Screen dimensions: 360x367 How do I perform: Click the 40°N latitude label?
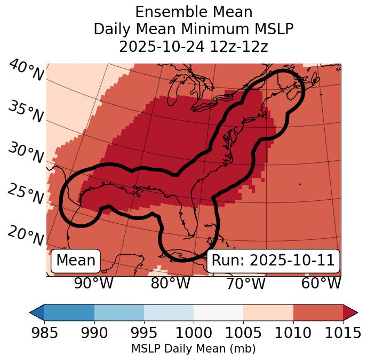(x=26, y=71)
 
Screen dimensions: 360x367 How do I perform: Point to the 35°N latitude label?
(x=26, y=112)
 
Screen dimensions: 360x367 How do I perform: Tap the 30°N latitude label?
(x=26, y=153)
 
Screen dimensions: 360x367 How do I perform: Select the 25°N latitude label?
(x=26, y=194)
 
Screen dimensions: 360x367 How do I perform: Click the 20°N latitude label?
(x=26, y=236)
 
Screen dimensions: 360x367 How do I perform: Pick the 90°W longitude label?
(x=94, y=283)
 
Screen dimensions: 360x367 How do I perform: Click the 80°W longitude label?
(x=170, y=283)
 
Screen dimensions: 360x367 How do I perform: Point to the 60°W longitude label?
(x=321, y=283)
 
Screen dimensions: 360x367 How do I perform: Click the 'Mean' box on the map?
(x=76, y=261)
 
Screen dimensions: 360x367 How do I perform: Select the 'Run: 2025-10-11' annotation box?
(x=273, y=261)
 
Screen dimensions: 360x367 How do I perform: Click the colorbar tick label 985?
(x=44, y=333)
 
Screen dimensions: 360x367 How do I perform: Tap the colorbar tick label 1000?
(x=194, y=333)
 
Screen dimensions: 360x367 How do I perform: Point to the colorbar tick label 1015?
(x=342, y=333)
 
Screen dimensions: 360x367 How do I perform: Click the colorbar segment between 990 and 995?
(x=119, y=312)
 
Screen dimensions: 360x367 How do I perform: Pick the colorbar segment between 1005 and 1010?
(x=268, y=312)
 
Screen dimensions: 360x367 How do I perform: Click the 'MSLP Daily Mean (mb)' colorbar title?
(x=194, y=349)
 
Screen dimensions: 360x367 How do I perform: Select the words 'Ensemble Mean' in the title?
(x=194, y=12)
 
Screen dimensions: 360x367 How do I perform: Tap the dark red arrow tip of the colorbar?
(x=350, y=312)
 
